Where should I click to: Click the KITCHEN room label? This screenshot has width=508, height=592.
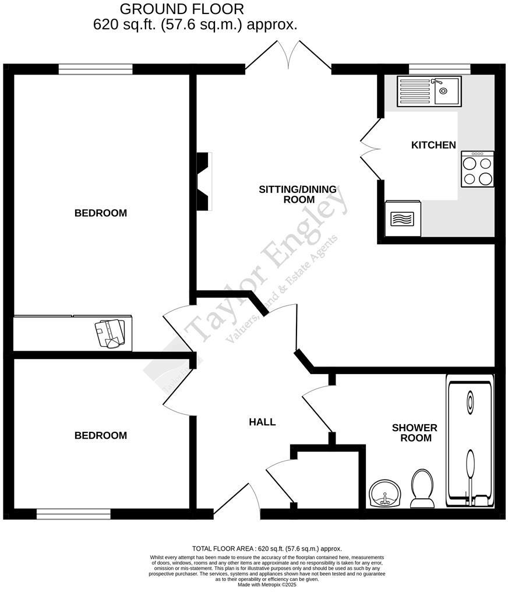tap(433, 145)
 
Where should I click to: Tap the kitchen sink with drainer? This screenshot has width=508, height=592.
tap(429, 91)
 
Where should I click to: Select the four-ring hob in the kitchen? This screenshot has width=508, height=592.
tap(477, 170)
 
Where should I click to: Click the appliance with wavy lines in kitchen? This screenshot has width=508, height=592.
tap(403, 219)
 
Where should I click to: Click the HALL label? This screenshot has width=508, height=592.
tap(262, 422)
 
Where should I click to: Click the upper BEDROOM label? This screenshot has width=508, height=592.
tap(100, 213)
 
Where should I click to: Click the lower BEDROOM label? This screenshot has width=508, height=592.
tap(100, 436)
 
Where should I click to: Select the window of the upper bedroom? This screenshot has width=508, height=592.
tap(96, 69)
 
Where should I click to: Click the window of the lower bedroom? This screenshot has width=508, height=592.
tap(73, 514)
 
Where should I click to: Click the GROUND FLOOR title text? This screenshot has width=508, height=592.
tap(182, 9)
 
